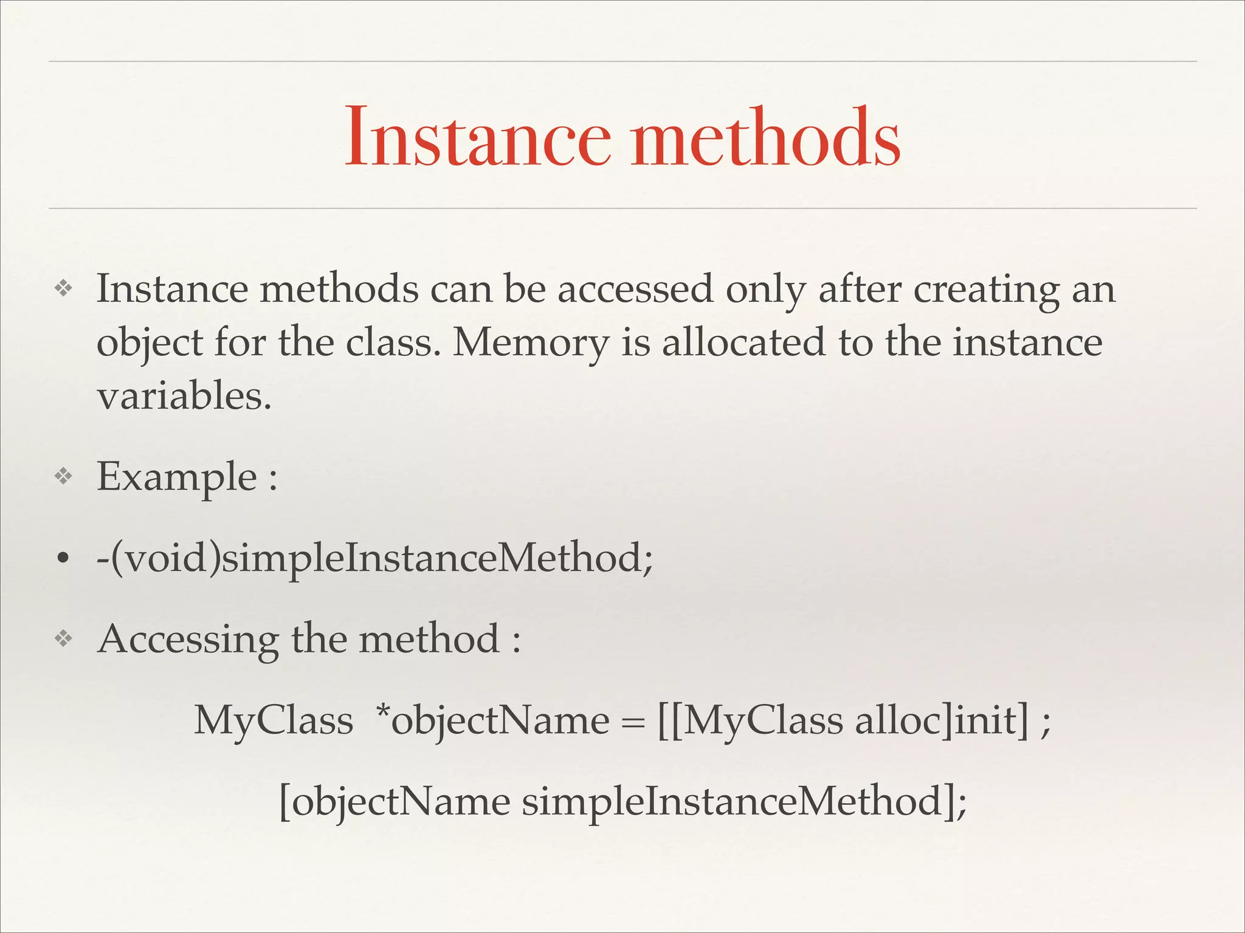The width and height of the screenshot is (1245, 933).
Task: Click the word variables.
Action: pos(184,396)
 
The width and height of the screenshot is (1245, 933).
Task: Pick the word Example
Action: pos(177,477)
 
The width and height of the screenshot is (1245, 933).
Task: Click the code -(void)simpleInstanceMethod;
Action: pos(374,558)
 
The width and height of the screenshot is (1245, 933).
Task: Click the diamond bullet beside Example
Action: pos(63,477)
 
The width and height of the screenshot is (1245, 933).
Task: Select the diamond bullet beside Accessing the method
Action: pos(63,639)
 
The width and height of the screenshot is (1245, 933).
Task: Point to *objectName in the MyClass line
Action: pos(492,720)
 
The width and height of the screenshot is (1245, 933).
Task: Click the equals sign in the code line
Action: pos(633,722)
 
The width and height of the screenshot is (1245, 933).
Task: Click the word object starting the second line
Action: pos(150,343)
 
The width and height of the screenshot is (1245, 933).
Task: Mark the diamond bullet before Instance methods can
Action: pos(63,289)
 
